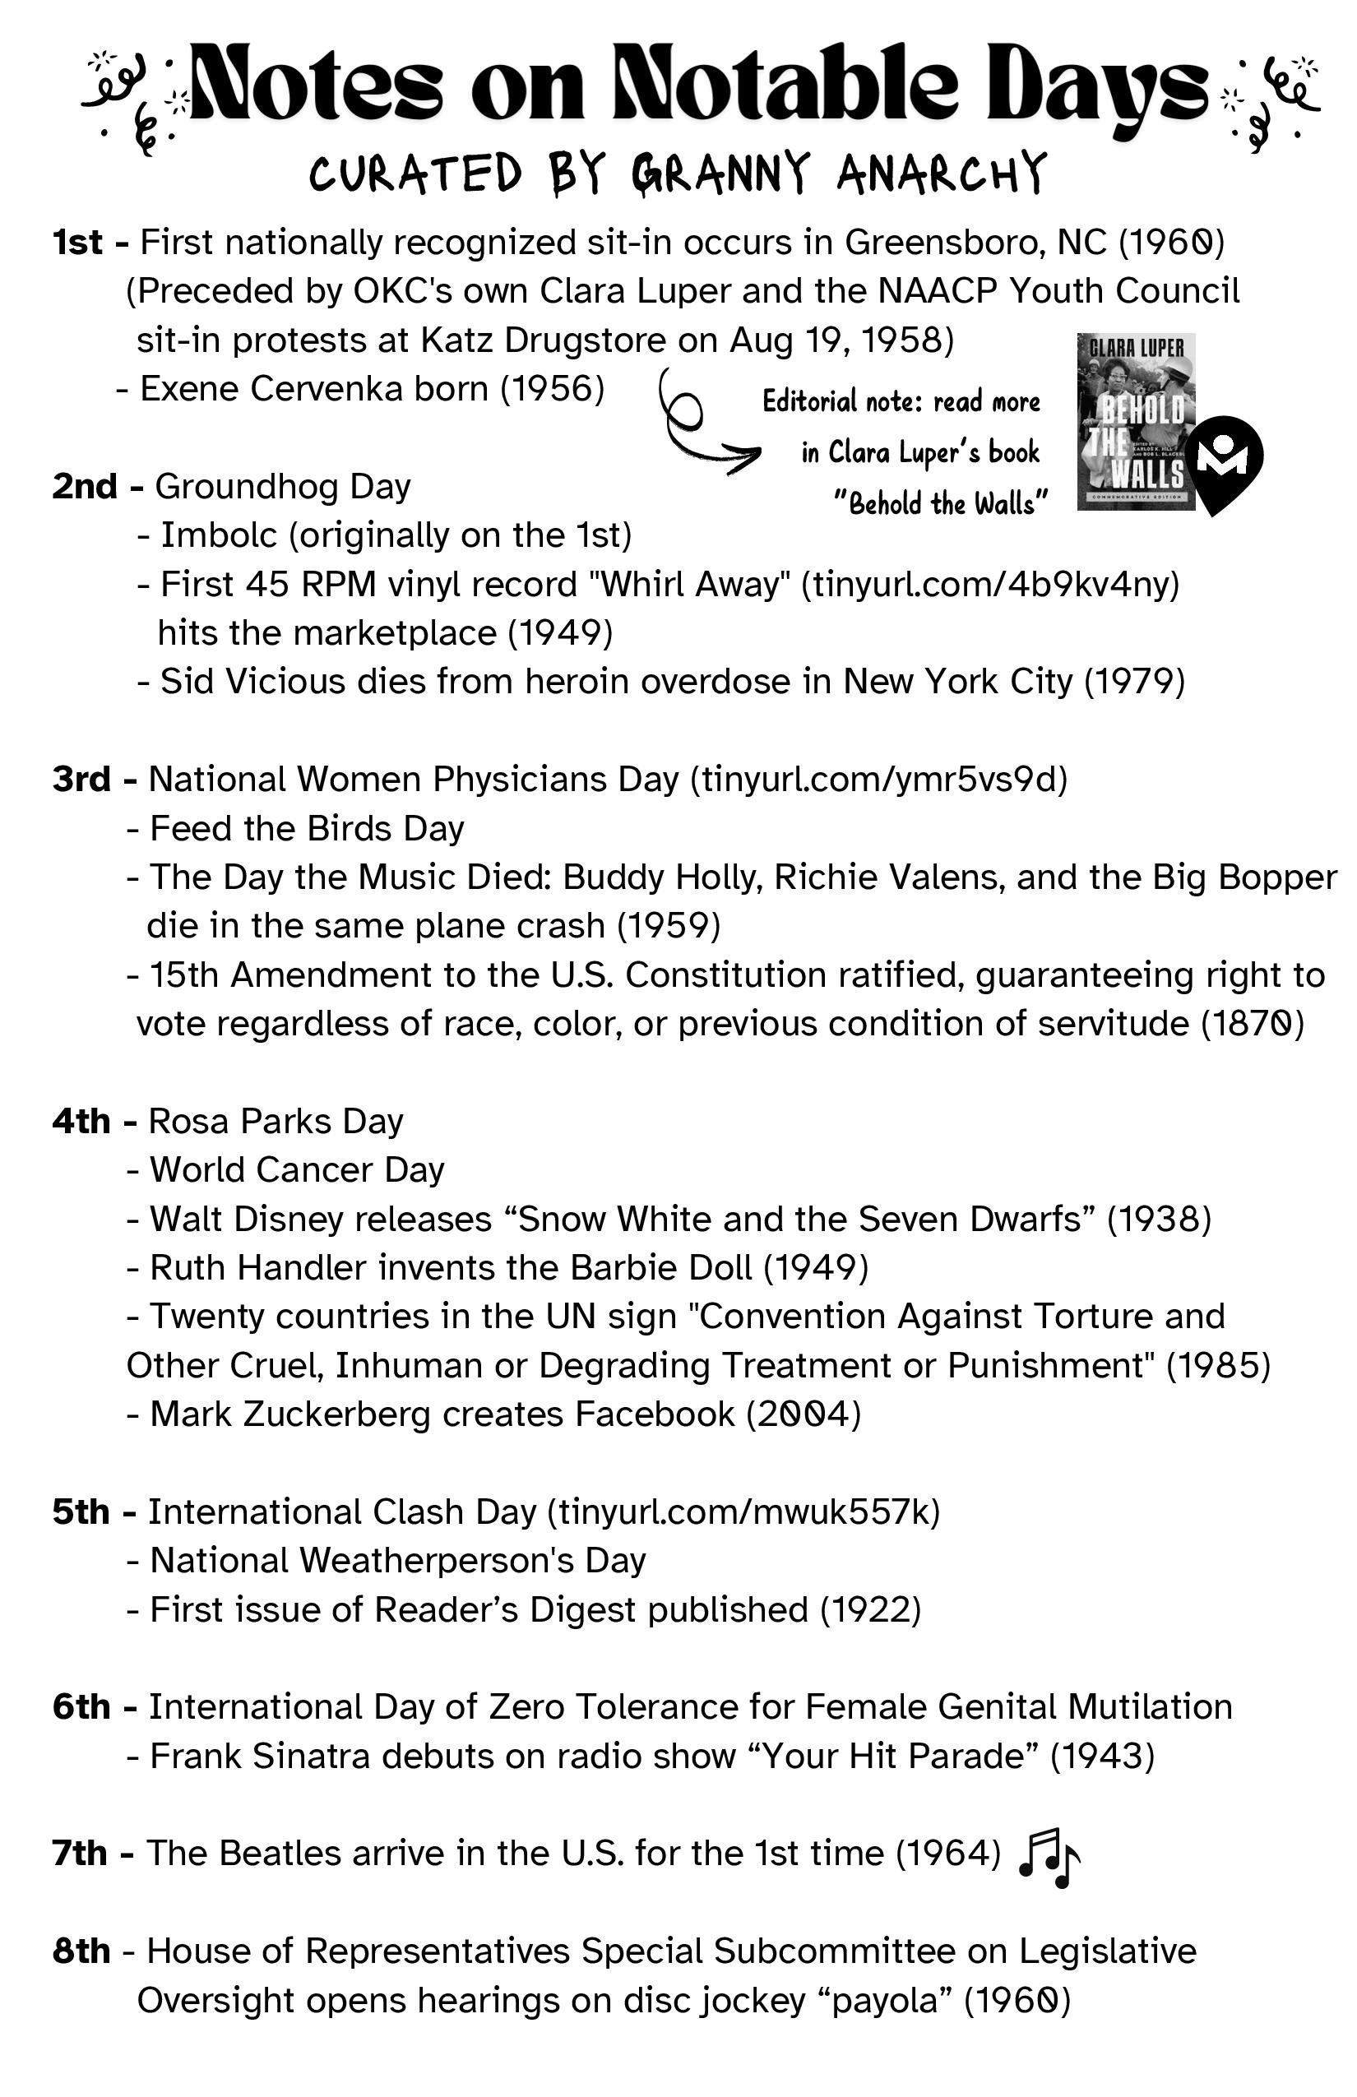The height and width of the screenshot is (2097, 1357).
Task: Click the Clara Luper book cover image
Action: pyautogui.click(x=1135, y=421)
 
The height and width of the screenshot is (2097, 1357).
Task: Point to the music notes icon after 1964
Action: pyautogui.click(x=1049, y=1858)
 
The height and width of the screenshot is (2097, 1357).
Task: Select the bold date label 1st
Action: pyautogui.click(x=77, y=243)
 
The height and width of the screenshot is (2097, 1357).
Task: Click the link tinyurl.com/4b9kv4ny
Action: pyautogui.click(x=990, y=584)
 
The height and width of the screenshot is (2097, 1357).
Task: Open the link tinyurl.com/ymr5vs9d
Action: pyautogui.click(x=878, y=780)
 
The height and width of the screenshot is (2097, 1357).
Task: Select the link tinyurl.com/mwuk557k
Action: pyautogui.click(x=743, y=1512)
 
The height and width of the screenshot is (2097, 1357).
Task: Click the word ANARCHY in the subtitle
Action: pyautogui.click(x=941, y=173)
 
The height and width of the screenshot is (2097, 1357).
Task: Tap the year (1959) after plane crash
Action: pyautogui.click(x=669, y=926)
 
